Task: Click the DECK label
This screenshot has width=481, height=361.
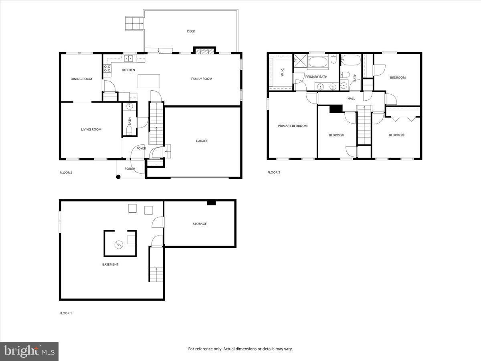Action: pos(191,31)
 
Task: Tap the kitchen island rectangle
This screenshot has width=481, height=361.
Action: pos(149,81)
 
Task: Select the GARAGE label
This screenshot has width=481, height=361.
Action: pos(202,141)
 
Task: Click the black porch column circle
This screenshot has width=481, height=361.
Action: pos(119,176)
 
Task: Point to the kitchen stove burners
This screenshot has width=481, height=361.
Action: pos(107,69)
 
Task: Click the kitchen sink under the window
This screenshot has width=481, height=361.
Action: pos(129,59)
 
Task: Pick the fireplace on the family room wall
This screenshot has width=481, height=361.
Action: pos(204,51)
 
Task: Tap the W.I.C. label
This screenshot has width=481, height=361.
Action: pos(282,73)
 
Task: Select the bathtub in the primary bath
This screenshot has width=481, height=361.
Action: pos(317,62)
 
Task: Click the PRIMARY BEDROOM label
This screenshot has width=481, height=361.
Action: pos(293,126)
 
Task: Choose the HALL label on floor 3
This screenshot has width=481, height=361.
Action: pos(351,99)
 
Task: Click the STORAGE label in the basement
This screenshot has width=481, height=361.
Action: pos(200,224)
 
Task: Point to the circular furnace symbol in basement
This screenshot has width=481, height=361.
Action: pos(119,244)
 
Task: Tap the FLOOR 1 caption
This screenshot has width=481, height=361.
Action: pos(66,313)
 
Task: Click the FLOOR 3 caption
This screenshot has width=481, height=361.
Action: pos(274,172)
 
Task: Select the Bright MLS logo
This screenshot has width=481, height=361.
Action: pos(29,351)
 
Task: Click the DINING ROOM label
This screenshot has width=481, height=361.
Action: pos(81,79)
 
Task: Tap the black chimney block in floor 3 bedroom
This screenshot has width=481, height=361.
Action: pos(336,108)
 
